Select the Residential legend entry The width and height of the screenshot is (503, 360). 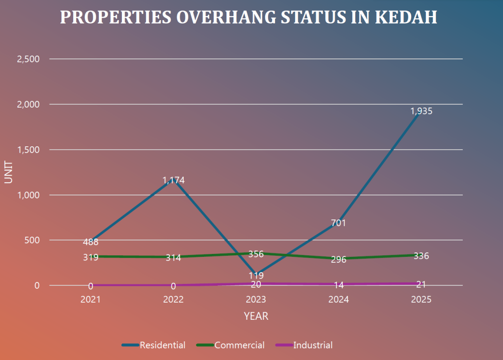tap(162, 345)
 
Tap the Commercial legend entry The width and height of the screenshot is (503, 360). tap(239, 345)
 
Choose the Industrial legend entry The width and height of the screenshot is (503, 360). tap(312, 345)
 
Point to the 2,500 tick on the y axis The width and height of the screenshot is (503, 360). tap(28, 59)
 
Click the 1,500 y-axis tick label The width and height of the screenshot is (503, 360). tap(28, 150)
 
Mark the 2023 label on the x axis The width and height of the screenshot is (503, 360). tap(256, 300)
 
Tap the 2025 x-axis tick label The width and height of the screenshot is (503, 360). tap(421, 300)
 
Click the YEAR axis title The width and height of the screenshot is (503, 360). tap(256, 316)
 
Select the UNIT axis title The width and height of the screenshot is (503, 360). tap(8, 172)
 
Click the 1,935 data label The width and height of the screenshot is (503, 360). tap(421, 111)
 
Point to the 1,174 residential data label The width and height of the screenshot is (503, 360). tap(173, 180)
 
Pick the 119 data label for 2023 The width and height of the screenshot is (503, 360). tap(256, 276)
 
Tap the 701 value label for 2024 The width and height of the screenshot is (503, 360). tap(338, 223)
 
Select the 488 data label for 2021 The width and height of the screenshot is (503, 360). tap(91, 242)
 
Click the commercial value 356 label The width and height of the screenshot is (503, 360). tap(256, 254)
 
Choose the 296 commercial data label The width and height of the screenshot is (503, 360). tap(338, 259)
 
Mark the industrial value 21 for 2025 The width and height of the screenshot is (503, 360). tap(421, 284)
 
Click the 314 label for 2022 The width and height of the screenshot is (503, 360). tap(173, 257)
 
